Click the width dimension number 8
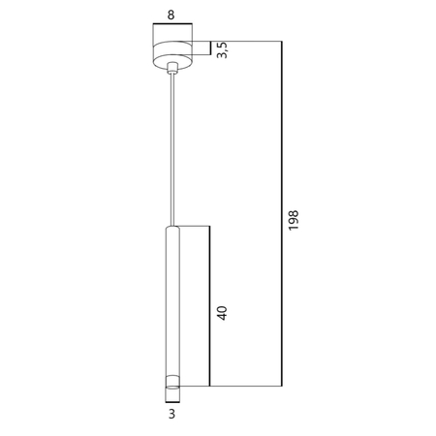click(x=172, y=16)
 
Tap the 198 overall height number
click(x=295, y=221)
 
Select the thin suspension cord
click(x=172, y=145)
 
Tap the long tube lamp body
click(x=172, y=300)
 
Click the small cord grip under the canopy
click(x=172, y=70)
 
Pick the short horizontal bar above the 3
click(x=172, y=407)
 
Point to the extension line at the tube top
click(x=194, y=226)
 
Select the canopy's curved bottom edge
click(x=172, y=65)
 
